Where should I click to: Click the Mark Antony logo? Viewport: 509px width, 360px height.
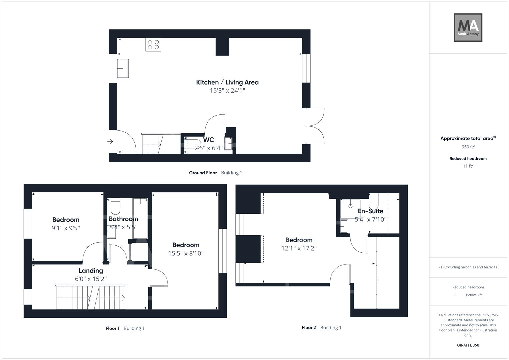click(468, 28)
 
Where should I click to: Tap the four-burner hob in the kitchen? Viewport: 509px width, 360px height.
click(153, 45)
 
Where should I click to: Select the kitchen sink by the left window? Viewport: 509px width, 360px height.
click(123, 68)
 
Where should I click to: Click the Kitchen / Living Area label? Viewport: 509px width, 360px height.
click(227, 82)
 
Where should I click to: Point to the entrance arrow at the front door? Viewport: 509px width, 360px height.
click(110, 142)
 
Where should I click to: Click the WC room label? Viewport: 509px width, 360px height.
click(208, 140)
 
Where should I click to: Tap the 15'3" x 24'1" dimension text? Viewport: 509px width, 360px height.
click(227, 91)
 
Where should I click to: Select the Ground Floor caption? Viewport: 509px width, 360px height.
click(203, 173)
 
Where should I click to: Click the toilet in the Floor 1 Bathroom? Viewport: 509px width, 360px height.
click(115, 206)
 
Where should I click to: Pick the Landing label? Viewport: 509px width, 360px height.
click(91, 271)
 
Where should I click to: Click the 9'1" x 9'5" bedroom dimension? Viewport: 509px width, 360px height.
click(66, 228)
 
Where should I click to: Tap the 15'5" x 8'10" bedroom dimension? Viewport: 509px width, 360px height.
click(186, 253)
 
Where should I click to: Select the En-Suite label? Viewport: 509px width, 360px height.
click(370, 211)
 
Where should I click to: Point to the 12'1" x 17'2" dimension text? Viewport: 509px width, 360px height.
click(299, 248)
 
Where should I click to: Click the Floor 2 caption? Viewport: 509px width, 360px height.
click(309, 328)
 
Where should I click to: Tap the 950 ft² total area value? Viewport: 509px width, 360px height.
click(468, 147)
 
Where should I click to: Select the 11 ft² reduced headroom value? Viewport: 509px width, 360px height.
click(468, 166)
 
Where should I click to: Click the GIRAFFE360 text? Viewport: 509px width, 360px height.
click(468, 345)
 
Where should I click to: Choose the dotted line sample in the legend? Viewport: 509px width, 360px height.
click(459, 295)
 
